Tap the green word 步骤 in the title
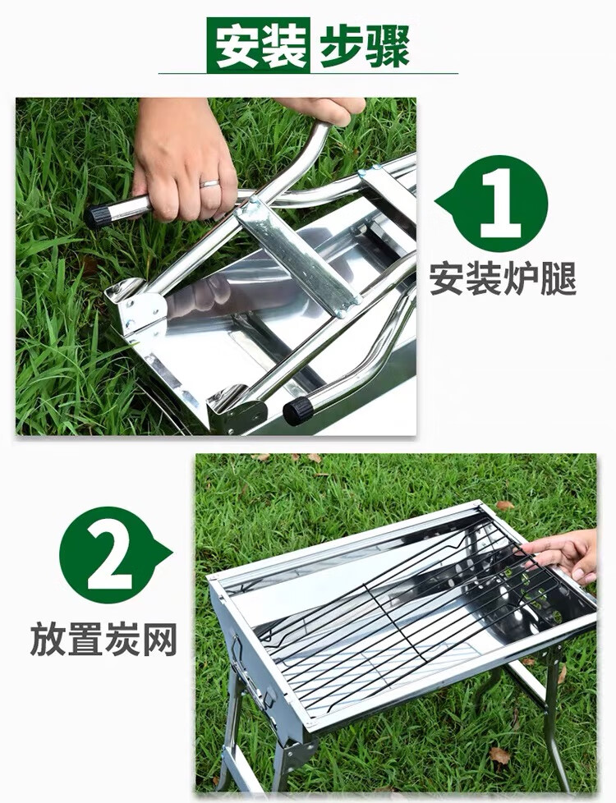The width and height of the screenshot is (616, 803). coord(365,46)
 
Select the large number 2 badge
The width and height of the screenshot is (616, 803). coord(115,554)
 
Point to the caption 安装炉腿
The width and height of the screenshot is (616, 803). coord(503,278)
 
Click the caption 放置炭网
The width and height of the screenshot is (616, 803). coord(103,639)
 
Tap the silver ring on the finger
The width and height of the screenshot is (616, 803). coord(209,183)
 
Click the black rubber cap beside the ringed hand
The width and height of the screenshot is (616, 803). coord(98,216)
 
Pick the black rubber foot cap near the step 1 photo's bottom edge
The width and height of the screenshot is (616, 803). coord(298,411)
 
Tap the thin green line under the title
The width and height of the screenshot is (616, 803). coord(308,73)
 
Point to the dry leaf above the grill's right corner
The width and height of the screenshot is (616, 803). coord(504,506)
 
